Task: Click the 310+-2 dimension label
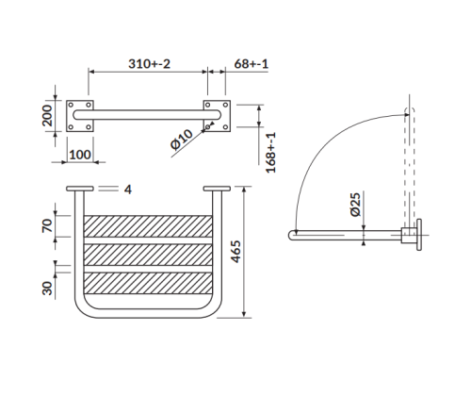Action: [x=149, y=64]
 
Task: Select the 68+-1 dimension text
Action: [x=252, y=64]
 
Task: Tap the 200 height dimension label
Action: [x=47, y=115]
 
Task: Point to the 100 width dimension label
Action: [x=80, y=155]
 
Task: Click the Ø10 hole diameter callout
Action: [x=181, y=139]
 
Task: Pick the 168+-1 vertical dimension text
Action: [x=270, y=153]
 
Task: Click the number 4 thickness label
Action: [x=128, y=190]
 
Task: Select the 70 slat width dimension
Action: [x=47, y=226]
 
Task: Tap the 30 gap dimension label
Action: [x=47, y=289]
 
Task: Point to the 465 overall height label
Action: [x=235, y=252]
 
